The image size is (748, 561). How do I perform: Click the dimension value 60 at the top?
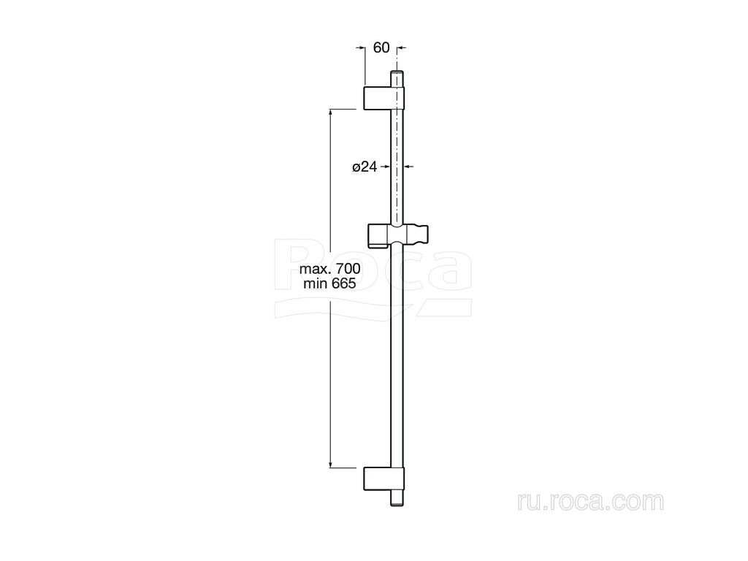[x=381, y=47]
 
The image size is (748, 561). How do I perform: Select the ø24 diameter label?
[x=365, y=167]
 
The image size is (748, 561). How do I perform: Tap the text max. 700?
[x=329, y=269]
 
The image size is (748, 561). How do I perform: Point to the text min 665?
[x=329, y=283]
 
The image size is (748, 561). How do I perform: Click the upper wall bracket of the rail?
[x=384, y=98]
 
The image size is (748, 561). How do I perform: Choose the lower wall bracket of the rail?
[x=384, y=478]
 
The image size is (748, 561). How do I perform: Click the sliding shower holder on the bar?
[x=398, y=235]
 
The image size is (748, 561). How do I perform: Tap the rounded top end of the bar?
[x=397, y=73]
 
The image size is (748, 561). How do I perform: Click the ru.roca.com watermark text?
[x=590, y=501]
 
